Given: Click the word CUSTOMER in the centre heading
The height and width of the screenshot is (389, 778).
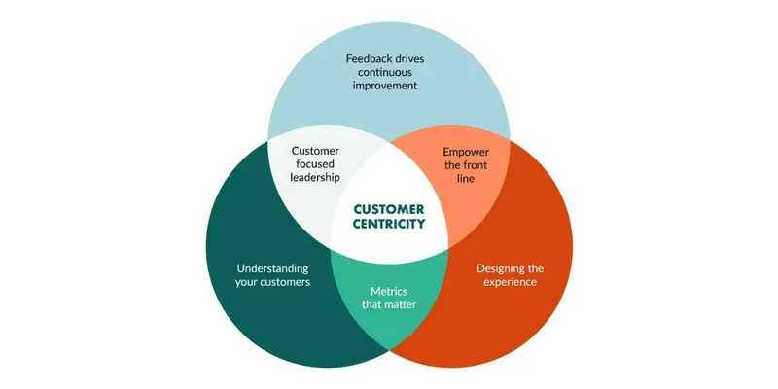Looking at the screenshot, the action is tap(389, 209).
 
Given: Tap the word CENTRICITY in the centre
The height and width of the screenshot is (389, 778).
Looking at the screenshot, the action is tap(389, 225).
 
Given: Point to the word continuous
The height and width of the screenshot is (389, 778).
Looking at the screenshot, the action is tap(385, 72).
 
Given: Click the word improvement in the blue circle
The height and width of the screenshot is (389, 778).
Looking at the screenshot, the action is tap(385, 86).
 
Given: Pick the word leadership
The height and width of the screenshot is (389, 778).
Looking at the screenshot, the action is tap(315, 178).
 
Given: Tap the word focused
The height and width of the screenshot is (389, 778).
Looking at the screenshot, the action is tap(315, 164).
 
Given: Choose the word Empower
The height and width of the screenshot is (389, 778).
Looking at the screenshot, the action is tap(466, 152).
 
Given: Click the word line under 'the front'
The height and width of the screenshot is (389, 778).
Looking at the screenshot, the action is tap(466, 179).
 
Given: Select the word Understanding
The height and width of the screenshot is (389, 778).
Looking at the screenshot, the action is tap(272, 269).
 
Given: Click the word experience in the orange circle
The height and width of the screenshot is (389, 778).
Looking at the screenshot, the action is tap(510, 282).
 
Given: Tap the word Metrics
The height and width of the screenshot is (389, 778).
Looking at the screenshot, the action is tap(389, 291).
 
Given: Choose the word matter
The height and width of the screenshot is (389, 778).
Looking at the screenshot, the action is tap(400, 304).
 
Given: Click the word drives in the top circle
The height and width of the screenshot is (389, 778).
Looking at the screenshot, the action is tap(409, 58).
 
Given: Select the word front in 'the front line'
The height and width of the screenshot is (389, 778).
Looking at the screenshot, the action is tap(476, 165).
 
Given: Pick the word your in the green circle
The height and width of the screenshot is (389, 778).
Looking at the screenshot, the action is tap(246, 283).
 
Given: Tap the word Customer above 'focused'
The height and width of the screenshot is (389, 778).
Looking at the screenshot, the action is tap(315, 151).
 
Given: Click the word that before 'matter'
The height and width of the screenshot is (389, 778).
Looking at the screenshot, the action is tap(371, 304).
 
